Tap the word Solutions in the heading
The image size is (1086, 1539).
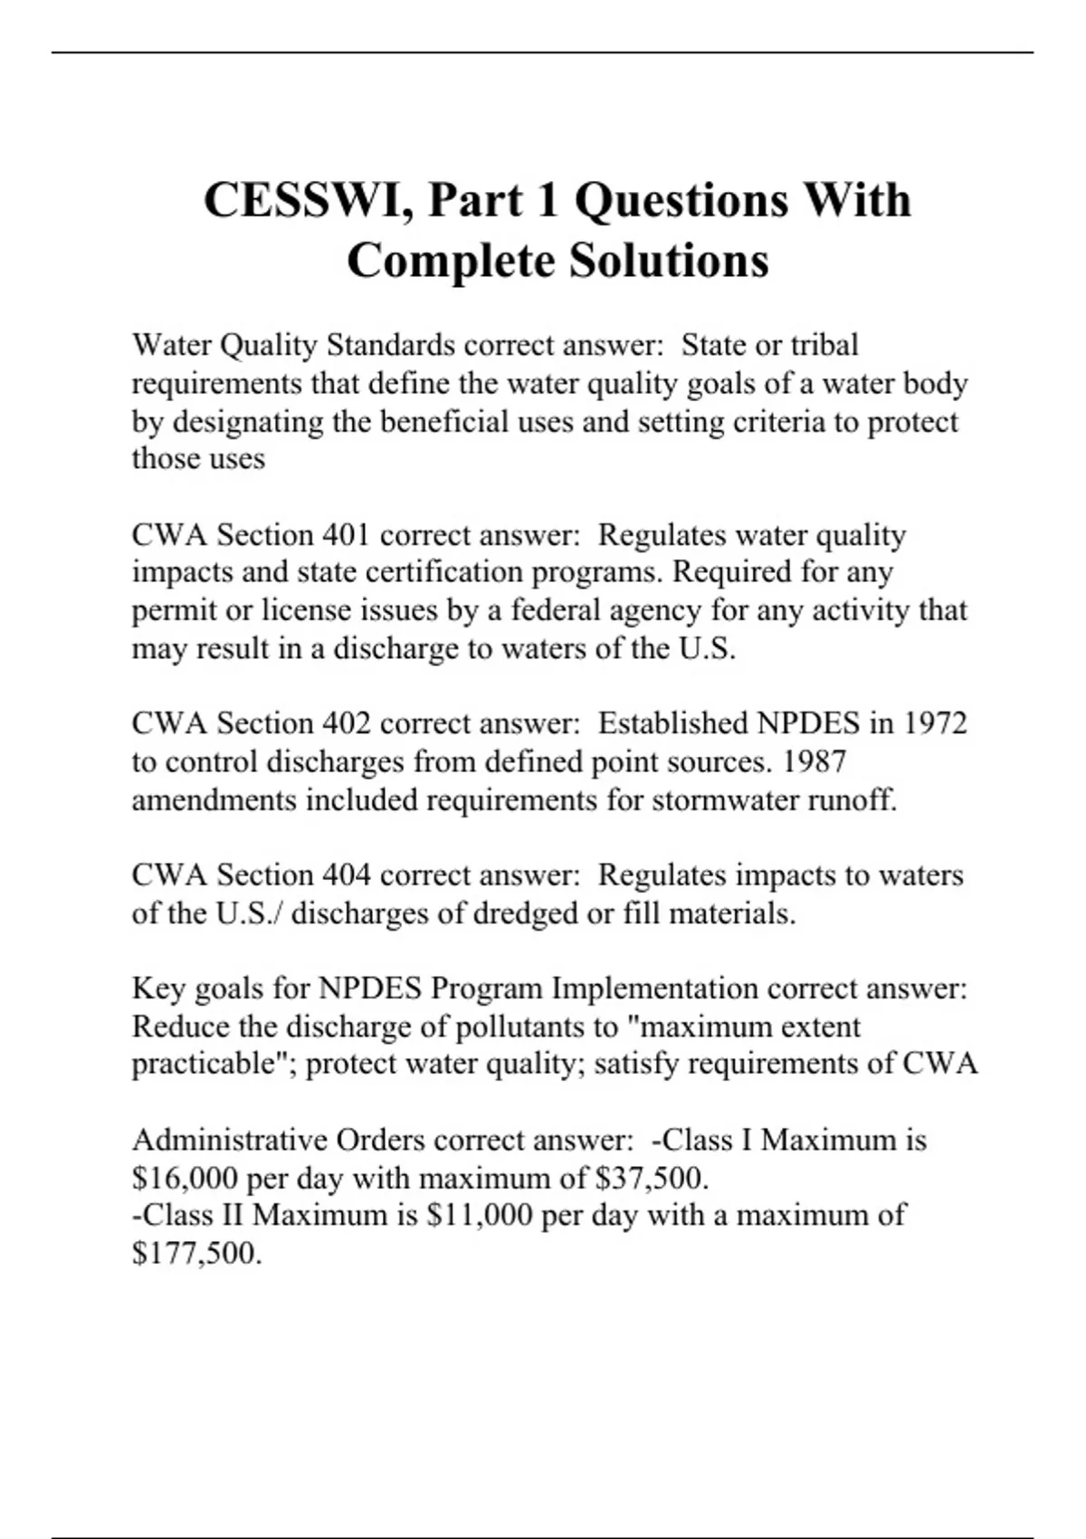click(x=669, y=261)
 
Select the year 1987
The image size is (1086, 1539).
click(x=814, y=761)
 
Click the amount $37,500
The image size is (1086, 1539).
click(x=652, y=1179)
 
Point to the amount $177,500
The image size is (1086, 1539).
click(x=196, y=1254)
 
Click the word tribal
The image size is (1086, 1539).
click(x=824, y=346)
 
